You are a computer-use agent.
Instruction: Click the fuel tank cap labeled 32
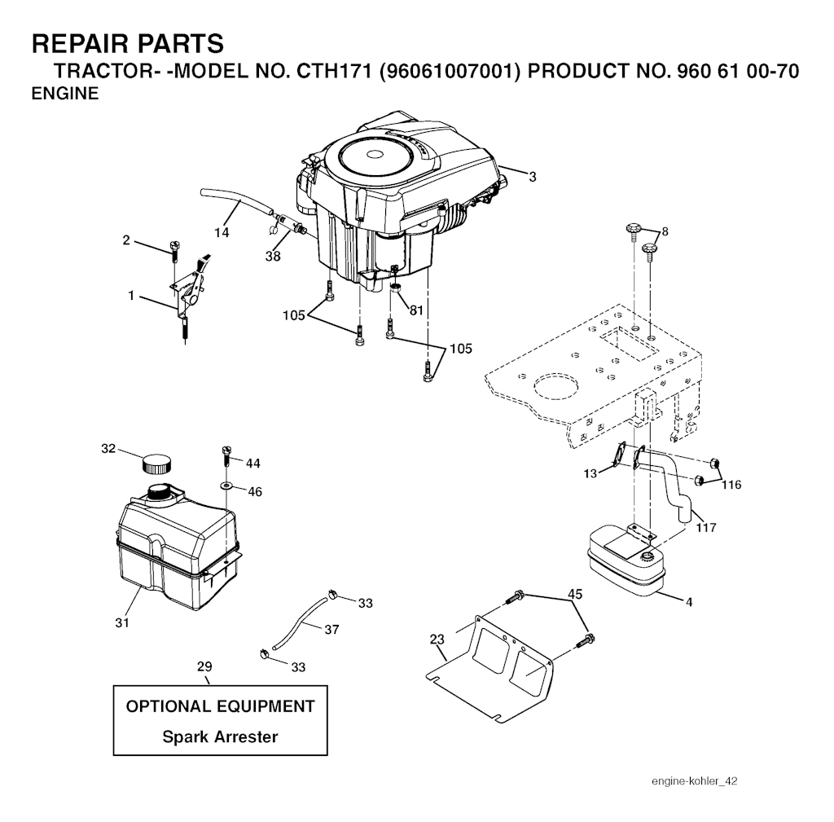tap(157, 464)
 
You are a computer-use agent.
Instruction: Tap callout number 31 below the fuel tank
tap(122, 622)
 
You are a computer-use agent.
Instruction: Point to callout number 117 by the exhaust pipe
tap(706, 527)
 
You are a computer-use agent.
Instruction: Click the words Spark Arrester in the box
tap(220, 737)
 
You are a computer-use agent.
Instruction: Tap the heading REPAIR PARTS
tap(128, 43)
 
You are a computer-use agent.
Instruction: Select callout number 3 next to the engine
tap(533, 177)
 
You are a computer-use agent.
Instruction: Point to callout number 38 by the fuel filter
tap(273, 256)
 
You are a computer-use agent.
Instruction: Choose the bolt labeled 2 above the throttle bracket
tap(175, 250)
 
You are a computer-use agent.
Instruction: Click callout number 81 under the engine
tap(416, 310)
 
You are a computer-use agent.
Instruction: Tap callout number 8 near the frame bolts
tap(665, 231)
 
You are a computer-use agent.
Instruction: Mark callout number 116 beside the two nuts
tap(731, 484)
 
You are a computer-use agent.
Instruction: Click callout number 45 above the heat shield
tap(575, 594)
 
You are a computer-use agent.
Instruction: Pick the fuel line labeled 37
tap(300, 622)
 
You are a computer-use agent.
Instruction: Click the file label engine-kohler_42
tap(694, 781)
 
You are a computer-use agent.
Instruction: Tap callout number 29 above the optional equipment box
tap(204, 666)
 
